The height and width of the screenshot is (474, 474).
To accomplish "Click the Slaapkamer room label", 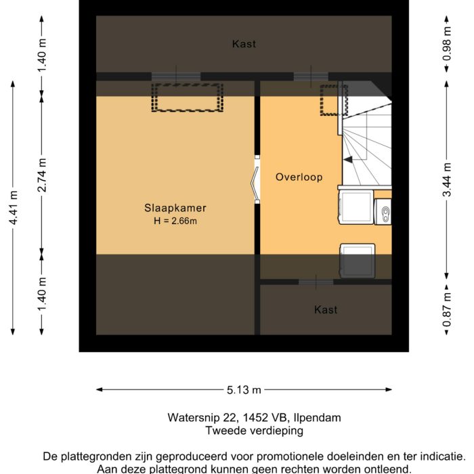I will click(x=175, y=208).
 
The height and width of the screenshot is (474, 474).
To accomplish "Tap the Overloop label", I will click(x=299, y=177).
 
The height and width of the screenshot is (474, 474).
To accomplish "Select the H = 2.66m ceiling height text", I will click(x=175, y=220).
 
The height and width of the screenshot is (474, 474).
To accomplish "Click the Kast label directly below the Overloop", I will click(x=326, y=309).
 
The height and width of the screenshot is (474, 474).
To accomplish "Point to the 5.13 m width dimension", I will click(x=244, y=390).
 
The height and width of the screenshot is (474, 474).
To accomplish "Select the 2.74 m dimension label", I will click(x=43, y=175).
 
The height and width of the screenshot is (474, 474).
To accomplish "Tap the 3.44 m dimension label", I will click(x=446, y=179).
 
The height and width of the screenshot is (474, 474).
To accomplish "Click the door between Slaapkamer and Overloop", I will click(x=257, y=179).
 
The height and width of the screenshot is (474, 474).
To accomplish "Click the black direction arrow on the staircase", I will click(x=348, y=160).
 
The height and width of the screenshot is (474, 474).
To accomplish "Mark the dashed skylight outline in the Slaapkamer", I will click(x=187, y=98).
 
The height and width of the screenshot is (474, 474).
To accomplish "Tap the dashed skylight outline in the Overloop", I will click(x=332, y=100).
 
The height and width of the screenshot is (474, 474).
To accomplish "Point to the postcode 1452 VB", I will click(x=255, y=418).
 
